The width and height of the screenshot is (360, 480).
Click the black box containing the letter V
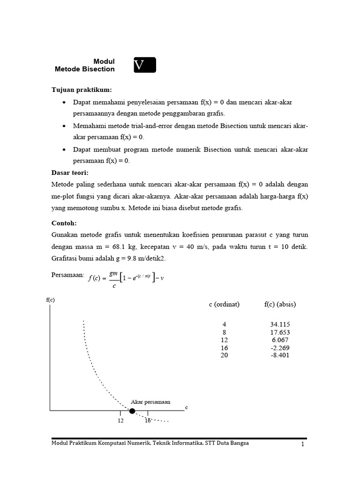(144, 65)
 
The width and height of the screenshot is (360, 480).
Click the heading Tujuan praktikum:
(82, 90)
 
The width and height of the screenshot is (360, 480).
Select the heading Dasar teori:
(70, 172)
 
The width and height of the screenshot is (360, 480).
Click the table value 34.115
(280, 324)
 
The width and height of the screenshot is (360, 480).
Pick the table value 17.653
(280, 332)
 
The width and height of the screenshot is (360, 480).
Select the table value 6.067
(280, 340)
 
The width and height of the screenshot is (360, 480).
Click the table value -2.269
(280, 348)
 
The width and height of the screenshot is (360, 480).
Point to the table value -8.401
(280, 355)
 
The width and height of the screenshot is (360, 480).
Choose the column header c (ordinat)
(224, 304)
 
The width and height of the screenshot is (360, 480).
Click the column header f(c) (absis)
(280, 304)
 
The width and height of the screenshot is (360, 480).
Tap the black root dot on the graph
(132, 411)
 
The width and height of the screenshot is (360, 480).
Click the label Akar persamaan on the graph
(150, 402)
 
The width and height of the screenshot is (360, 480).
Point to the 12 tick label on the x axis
(120, 420)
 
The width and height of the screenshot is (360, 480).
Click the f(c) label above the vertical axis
(51, 300)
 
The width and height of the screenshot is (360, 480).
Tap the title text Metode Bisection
(84, 69)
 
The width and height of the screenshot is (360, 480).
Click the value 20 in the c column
(224, 355)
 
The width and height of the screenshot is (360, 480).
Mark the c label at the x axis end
(187, 408)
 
